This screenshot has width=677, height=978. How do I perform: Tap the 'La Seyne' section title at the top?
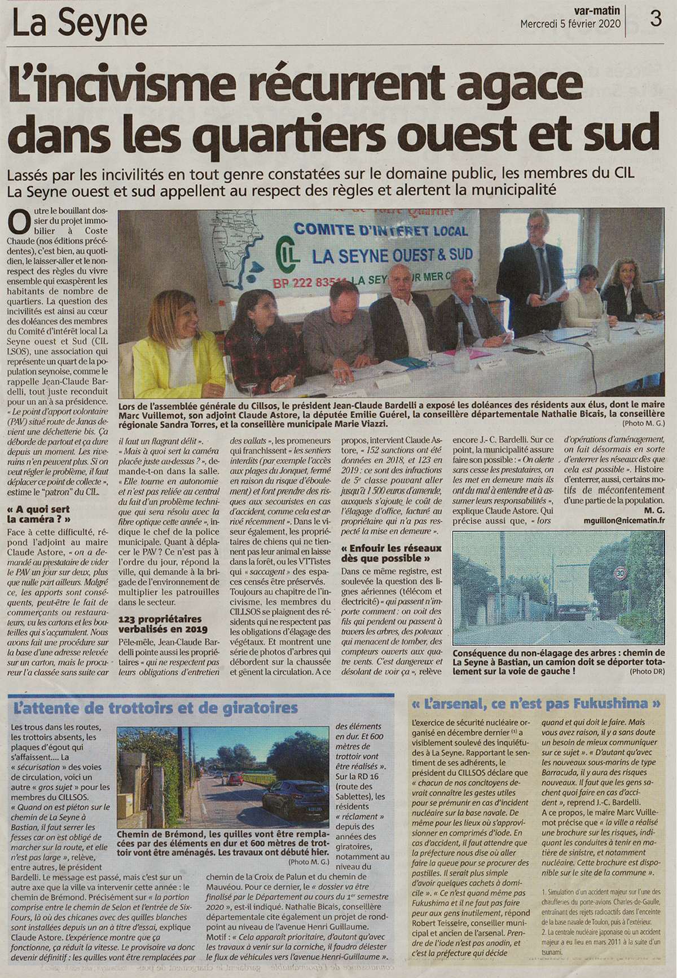(x=80, y=24)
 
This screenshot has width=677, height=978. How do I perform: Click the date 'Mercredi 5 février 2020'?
(x=570, y=24)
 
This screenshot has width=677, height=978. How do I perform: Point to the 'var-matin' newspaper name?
(x=597, y=10)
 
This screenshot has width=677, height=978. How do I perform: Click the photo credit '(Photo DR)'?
(x=652, y=671)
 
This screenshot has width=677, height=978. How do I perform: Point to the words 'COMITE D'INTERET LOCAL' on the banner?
(x=381, y=231)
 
